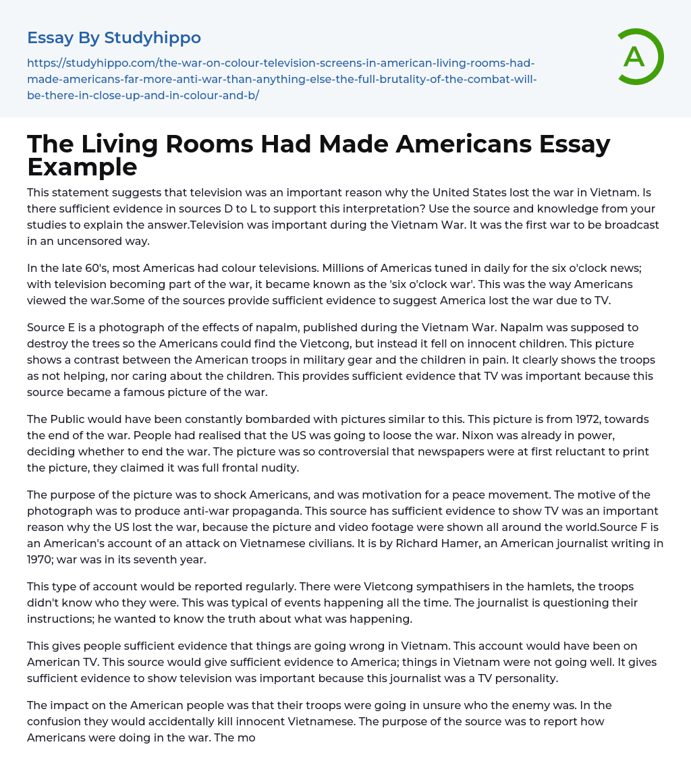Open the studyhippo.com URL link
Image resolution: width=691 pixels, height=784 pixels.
[x=281, y=79]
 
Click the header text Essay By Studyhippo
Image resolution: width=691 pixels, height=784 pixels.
[x=114, y=38]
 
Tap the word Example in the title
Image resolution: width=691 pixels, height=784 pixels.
[x=82, y=166]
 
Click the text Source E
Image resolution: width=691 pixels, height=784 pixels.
[x=50, y=327]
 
